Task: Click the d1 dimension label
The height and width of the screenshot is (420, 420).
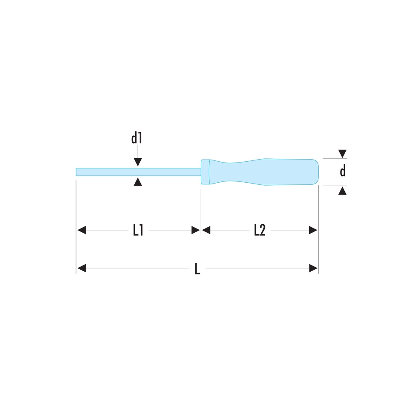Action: click(136, 138)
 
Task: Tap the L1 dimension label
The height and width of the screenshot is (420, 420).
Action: click(138, 230)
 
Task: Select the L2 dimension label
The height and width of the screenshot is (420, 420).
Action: click(260, 230)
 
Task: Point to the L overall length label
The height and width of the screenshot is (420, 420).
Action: click(197, 269)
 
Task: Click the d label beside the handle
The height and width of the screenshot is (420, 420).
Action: click(343, 171)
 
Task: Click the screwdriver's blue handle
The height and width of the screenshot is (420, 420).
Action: click(260, 172)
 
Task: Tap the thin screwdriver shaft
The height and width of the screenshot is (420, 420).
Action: click(139, 172)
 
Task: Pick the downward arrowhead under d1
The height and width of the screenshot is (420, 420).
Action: click(138, 162)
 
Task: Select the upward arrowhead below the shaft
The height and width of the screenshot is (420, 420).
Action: click(138, 181)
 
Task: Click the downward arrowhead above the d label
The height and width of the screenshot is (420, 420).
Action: click(342, 154)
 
